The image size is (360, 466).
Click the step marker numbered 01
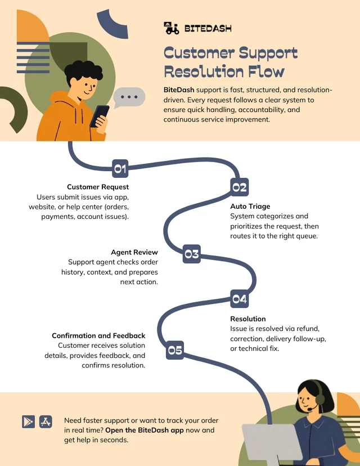120,168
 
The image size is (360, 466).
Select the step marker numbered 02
240,187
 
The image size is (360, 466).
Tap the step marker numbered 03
192,254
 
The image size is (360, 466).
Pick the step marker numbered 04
240,299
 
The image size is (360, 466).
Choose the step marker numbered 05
174,350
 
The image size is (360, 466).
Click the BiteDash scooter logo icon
172,28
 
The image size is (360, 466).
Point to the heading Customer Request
98,187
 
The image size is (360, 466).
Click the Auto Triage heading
250,206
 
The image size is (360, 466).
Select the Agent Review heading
134,252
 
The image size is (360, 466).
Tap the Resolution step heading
248,319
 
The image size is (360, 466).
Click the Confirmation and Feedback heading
98,335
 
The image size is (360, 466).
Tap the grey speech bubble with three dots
129,97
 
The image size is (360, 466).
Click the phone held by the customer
99,116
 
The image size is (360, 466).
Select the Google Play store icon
28,422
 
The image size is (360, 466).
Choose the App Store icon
46,422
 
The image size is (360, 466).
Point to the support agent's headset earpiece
319,399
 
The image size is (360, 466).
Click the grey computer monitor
269,443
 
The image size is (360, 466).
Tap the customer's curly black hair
83,72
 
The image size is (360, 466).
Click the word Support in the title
268,53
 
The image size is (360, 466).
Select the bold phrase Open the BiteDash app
145,430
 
